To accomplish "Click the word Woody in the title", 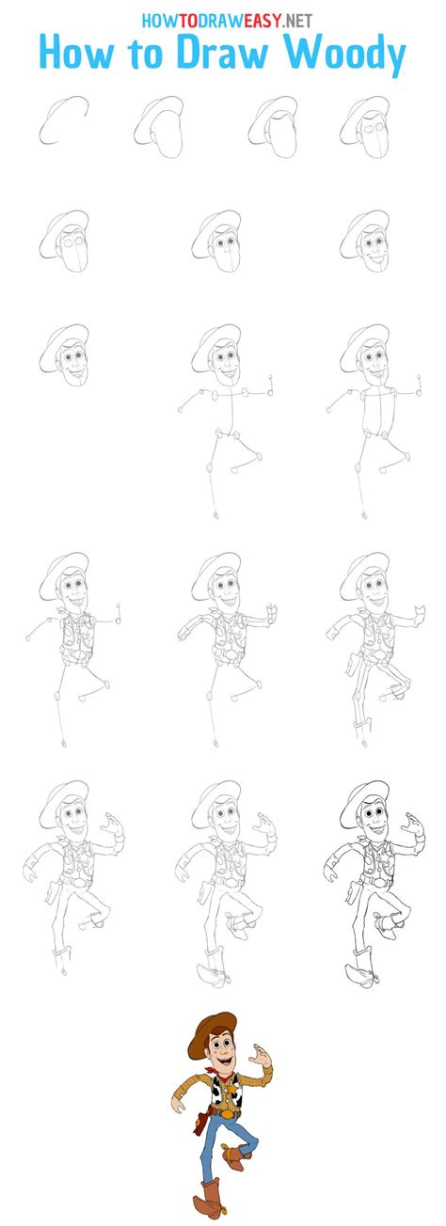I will [348, 55].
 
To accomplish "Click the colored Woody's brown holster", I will [200, 1120].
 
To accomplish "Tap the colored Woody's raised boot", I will [234, 1152].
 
